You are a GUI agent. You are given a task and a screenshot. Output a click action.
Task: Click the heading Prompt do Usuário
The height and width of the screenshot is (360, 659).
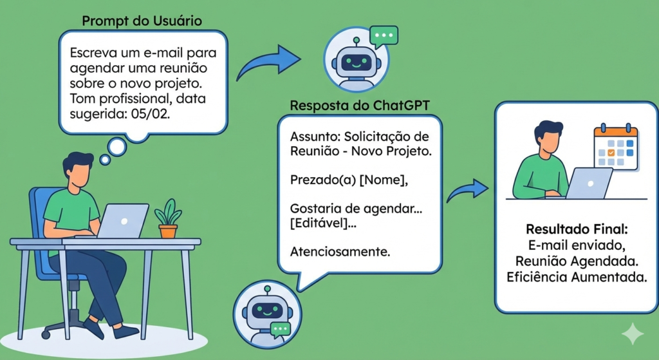point(142,21)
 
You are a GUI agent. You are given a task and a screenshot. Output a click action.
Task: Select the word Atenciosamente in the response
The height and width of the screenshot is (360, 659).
point(340,251)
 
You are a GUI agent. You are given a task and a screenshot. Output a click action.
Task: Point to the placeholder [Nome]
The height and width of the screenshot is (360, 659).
point(384,181)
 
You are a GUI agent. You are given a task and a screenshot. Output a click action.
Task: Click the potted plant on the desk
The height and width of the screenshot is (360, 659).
point(168,218)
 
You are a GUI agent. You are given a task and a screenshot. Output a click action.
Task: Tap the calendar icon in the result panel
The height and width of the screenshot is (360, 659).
point(615,147)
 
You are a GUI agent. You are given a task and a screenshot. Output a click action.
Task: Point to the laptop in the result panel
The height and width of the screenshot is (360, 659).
point(588,182)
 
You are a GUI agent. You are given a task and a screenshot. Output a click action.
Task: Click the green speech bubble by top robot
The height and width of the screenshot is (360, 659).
point(385,37)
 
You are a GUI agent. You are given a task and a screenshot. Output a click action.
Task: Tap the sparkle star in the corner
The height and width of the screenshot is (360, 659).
point(633,334)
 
